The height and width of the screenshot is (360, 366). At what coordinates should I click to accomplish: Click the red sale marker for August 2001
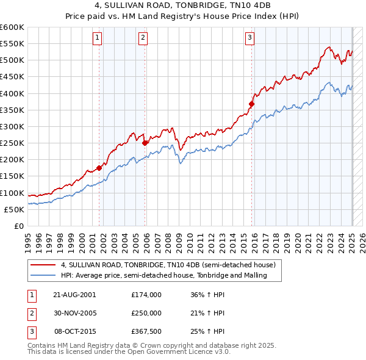[99, 168]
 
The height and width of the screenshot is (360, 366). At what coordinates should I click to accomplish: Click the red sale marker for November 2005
[145, 143]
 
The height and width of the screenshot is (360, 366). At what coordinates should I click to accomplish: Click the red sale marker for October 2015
[251, 104]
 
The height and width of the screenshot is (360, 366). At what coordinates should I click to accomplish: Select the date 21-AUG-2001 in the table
[75, 294]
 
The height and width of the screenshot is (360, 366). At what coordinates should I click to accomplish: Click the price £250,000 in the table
[146, 312]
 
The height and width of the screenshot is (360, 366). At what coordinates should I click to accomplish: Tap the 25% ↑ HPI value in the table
[208, 331]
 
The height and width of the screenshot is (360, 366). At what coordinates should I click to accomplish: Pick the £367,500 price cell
[146, 331]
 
